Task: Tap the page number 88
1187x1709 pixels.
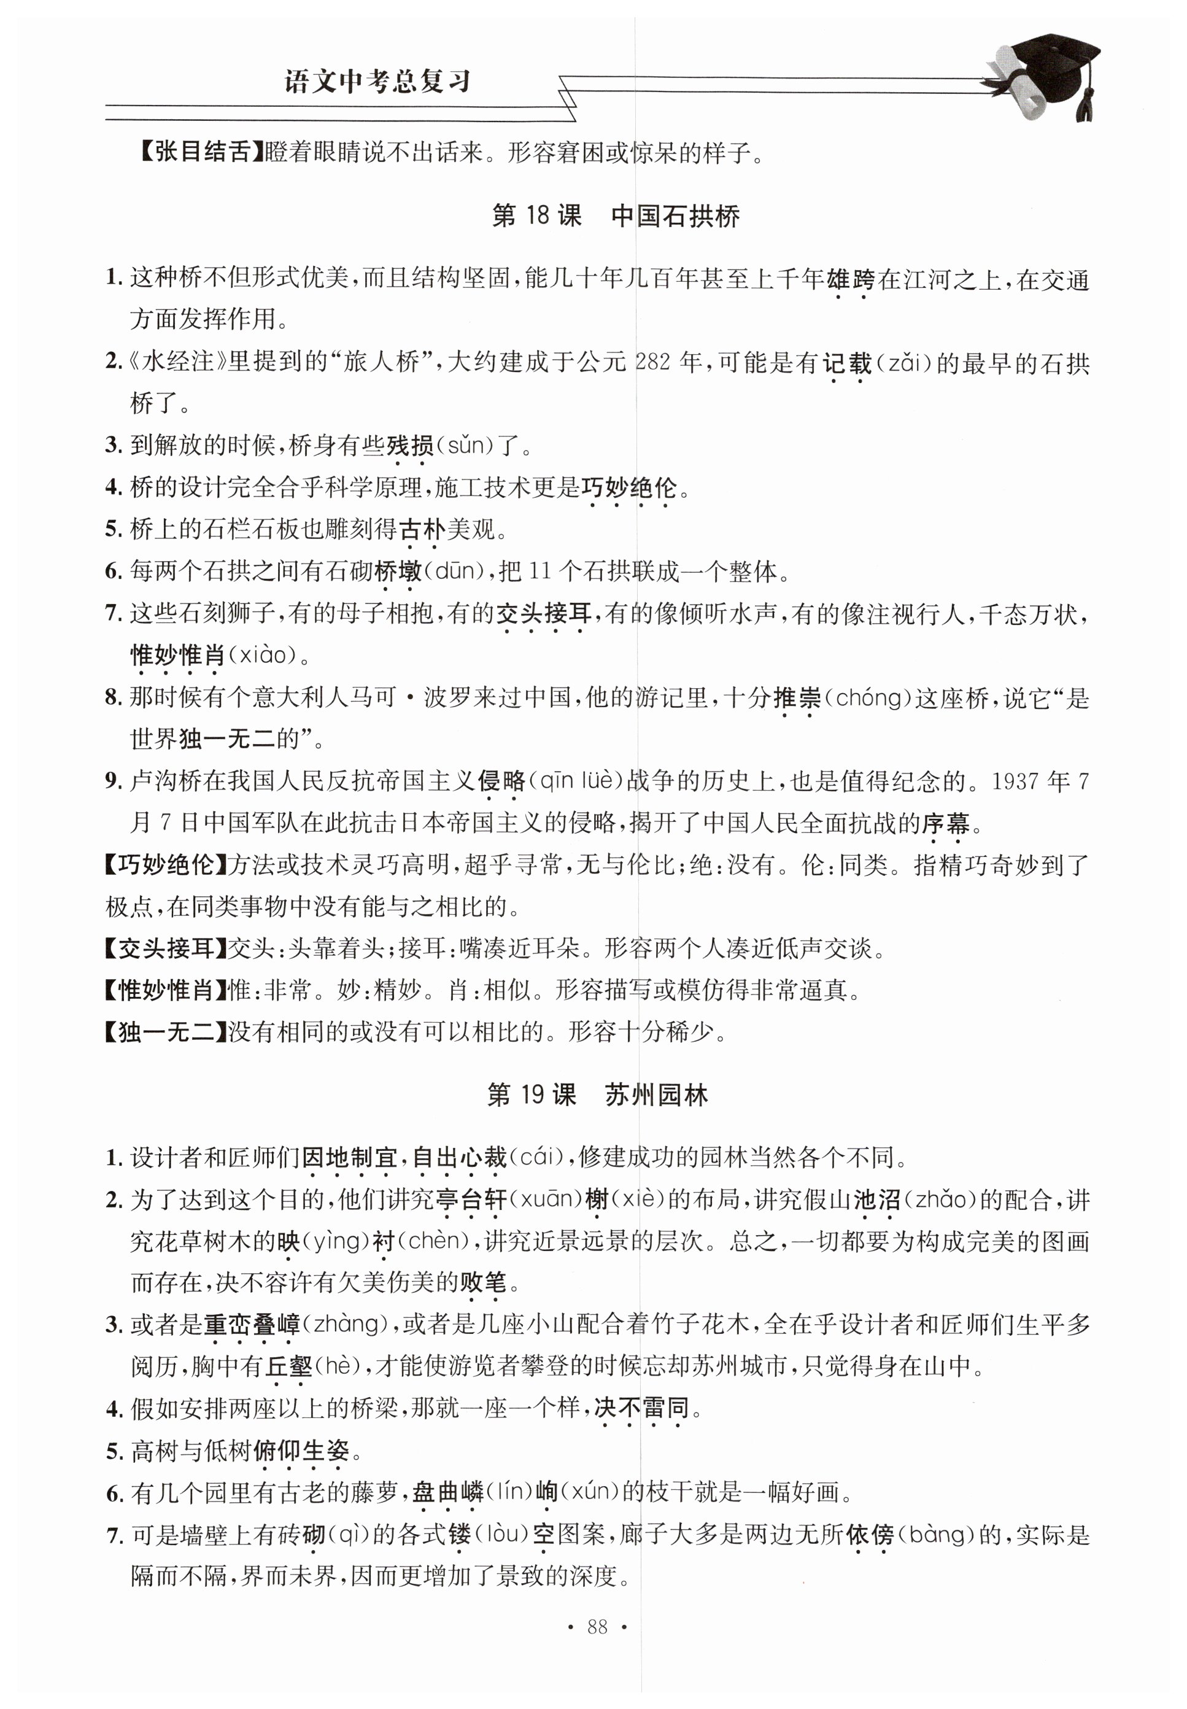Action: [x=597, y=1627]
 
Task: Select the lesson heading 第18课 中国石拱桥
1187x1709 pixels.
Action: [x=615, y=217]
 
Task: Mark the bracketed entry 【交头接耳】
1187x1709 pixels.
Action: [x=165, y=948]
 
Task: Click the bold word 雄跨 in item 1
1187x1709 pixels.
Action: [x=851, y=281]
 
